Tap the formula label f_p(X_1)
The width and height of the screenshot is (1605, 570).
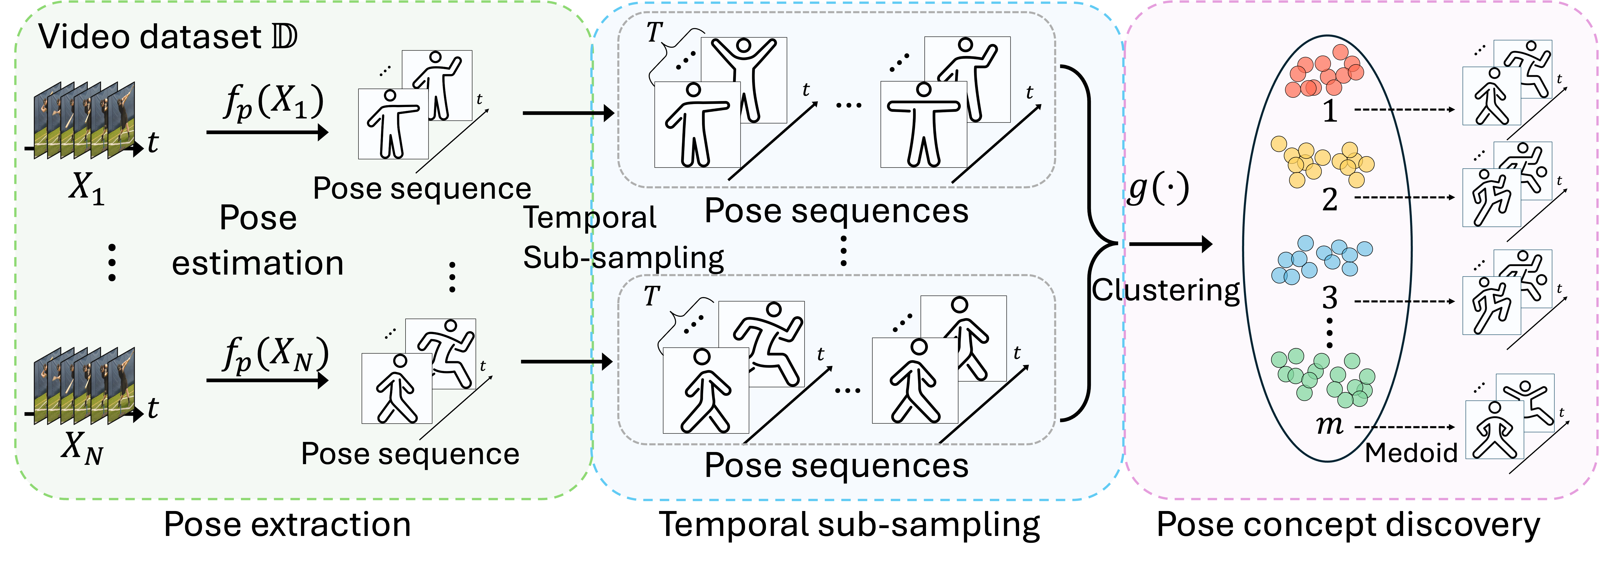click(x=274, y=103)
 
